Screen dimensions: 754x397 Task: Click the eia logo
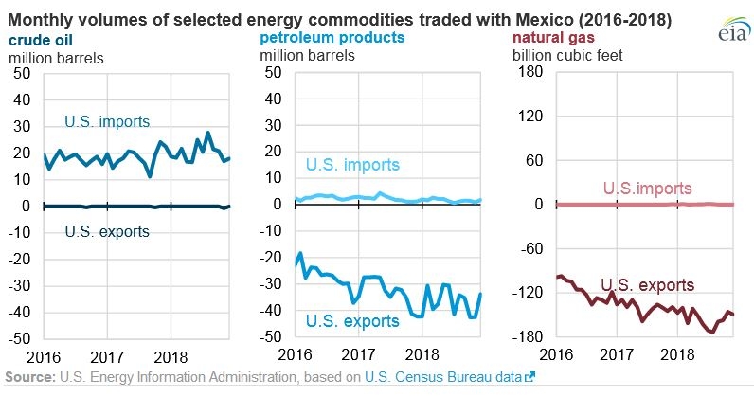734,28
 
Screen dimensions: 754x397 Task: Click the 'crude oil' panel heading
41,40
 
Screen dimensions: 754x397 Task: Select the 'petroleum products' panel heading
332,38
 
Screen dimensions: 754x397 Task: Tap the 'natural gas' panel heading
553,38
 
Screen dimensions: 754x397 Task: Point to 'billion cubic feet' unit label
567,55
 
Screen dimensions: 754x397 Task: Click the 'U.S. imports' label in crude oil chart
107,121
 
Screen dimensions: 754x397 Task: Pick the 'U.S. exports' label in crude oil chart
107,231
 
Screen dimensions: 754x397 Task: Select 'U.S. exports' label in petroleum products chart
352,321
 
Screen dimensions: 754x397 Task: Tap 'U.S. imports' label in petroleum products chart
352,165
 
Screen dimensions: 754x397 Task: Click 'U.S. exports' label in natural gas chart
648,285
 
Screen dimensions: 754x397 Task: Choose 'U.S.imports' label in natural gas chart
648,189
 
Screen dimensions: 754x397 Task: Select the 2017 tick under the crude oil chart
107,357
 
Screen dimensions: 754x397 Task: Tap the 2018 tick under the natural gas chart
677,354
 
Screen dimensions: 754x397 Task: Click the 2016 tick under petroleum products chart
296,354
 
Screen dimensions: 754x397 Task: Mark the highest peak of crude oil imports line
207,133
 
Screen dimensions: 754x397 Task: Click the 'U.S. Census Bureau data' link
443,377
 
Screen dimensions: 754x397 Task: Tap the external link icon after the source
530,377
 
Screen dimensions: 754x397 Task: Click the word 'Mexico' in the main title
545,20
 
